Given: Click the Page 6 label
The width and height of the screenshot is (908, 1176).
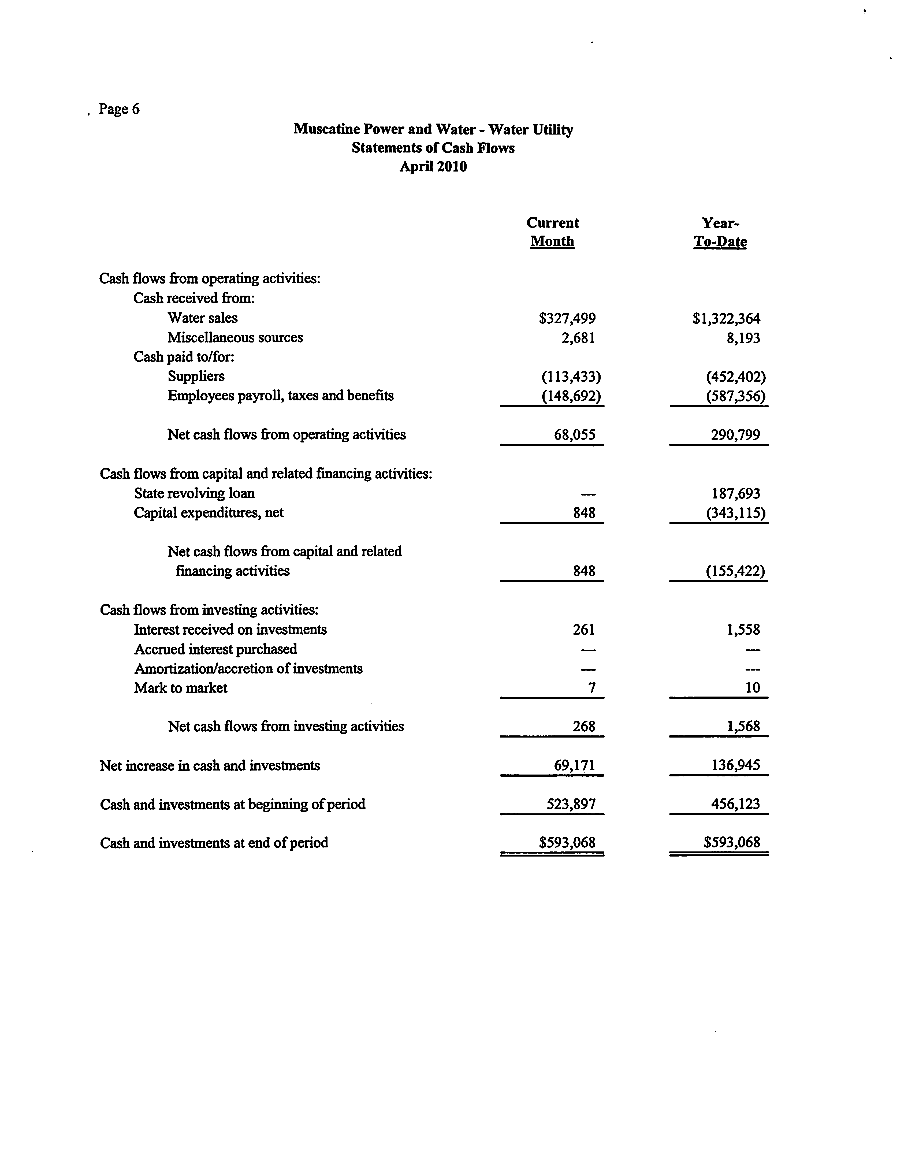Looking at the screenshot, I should tap(119, 109).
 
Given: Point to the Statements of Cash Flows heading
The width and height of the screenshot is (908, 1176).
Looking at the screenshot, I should tap(433, 148).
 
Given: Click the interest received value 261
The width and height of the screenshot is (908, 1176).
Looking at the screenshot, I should tap(584, 630).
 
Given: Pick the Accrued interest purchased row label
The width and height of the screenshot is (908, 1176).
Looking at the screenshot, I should tap(215, 649).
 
